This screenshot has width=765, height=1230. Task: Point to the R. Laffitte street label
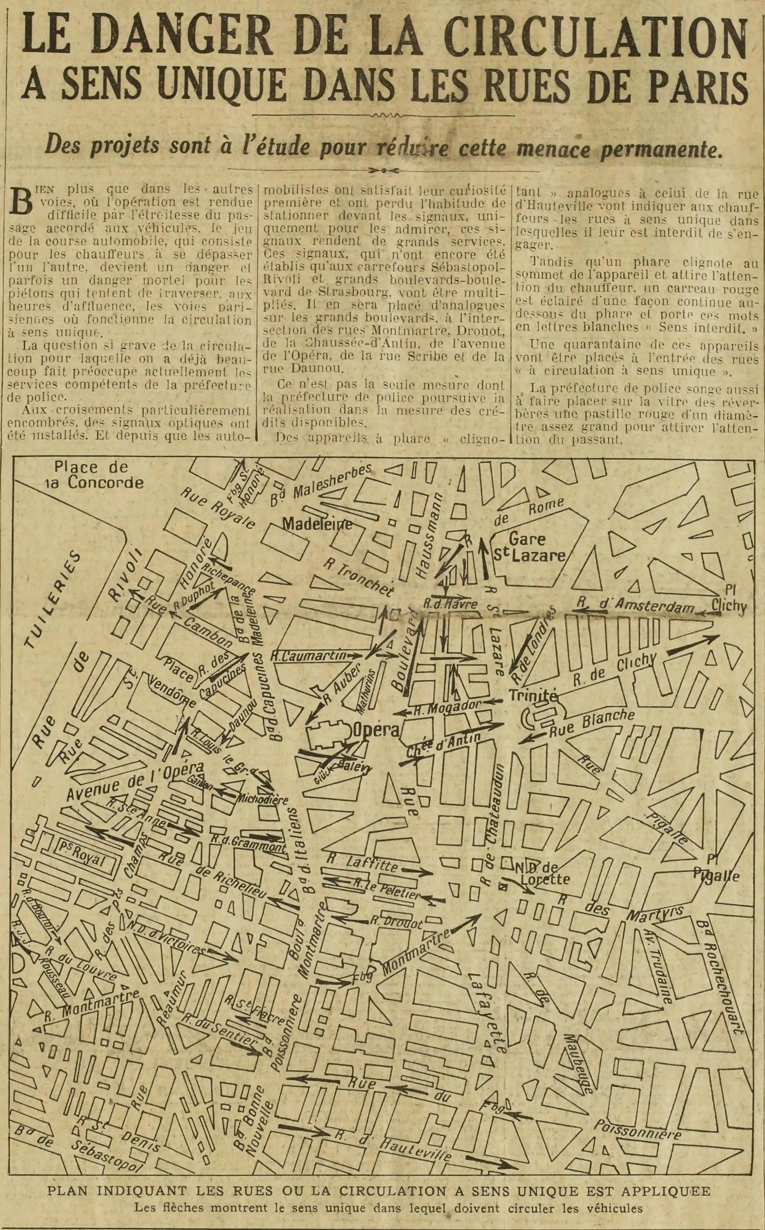tap(362, 860)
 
